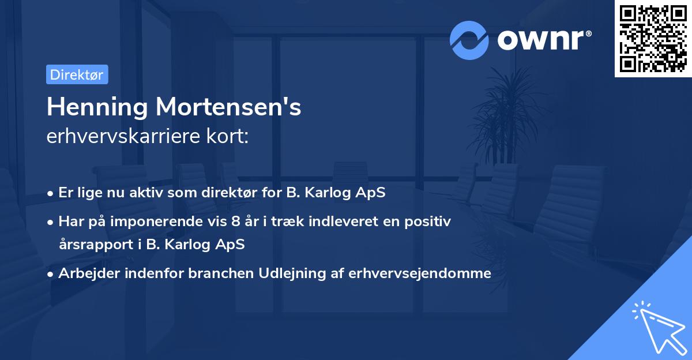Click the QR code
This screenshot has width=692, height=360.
(653, 39)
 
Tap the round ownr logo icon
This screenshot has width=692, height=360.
(469, 40)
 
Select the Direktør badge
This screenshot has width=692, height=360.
(77, 74)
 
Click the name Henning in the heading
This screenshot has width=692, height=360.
(96, 107)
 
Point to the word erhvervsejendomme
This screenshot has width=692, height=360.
(420, 273)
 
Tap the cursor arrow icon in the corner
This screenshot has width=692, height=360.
(657, 328)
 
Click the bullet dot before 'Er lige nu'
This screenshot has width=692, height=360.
(51, 193)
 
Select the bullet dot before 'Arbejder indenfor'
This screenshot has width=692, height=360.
(51, 274)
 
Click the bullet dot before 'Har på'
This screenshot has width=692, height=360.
(51, 221)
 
